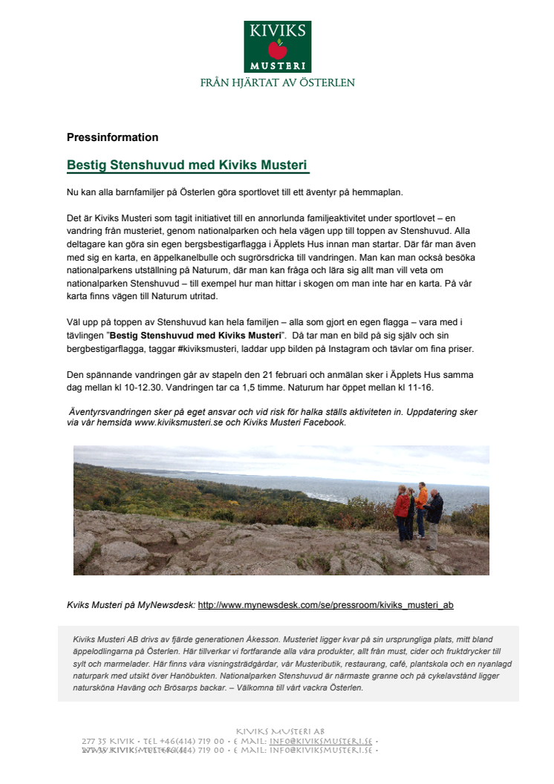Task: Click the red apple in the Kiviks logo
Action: click(277, 50)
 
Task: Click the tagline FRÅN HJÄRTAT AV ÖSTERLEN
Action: click(277, 82)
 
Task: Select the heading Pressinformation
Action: click(112, 137)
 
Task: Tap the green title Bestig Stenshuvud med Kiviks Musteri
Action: click(187, 165)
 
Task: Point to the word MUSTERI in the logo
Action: click(277, 65)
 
